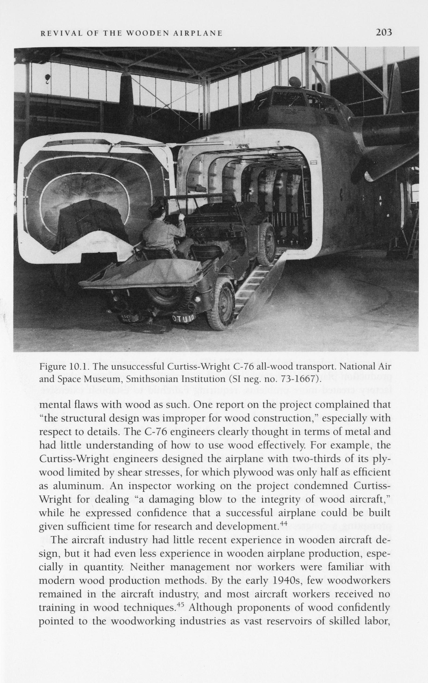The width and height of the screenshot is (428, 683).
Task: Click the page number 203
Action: tap(384, 32)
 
